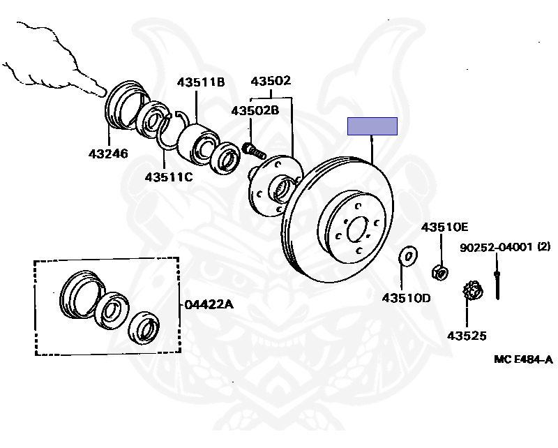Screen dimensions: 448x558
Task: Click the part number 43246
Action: [108, 153]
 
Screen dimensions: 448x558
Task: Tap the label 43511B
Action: [200, 82]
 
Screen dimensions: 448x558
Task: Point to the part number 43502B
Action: [255, 110]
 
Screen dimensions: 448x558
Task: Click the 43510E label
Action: [444, 227]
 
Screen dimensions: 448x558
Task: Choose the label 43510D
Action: [406, 298]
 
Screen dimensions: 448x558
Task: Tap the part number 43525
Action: [468, 336]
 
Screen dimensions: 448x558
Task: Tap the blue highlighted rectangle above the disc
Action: [372, 126]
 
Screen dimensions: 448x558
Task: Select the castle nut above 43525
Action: [471, 292]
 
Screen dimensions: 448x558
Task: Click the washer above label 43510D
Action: [407, 256]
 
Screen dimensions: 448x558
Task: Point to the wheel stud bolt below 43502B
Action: [255, 149]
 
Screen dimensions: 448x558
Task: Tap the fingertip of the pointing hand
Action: [103, 90]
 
